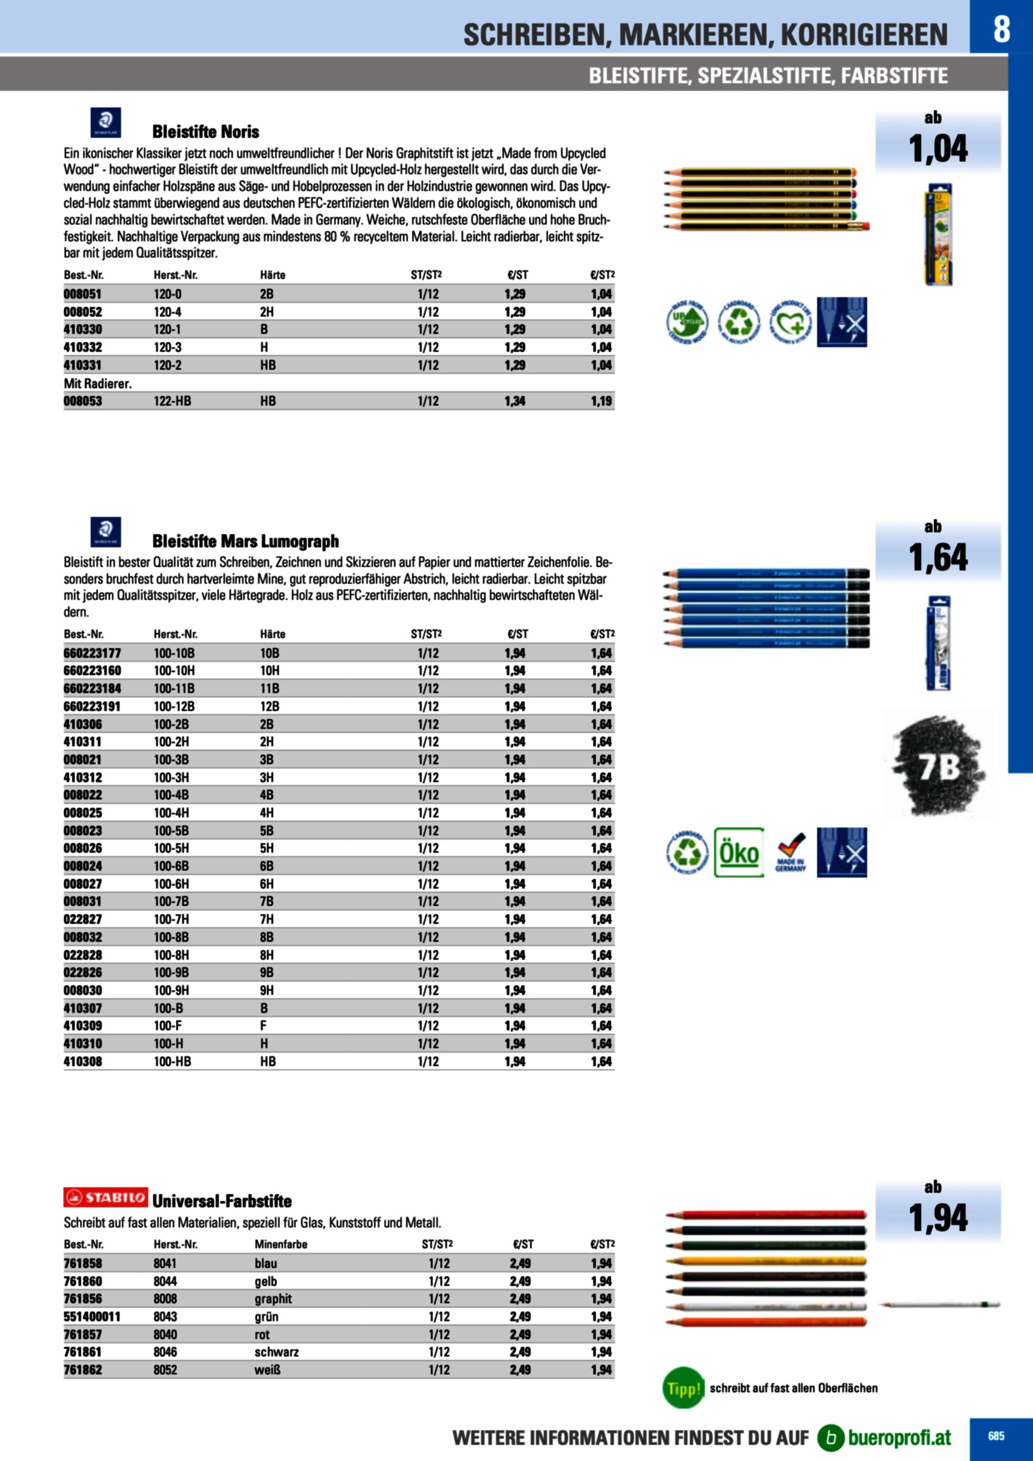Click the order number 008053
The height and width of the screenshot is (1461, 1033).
83,401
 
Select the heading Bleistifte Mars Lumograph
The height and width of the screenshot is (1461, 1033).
245,541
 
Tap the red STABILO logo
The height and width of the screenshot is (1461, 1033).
106,1198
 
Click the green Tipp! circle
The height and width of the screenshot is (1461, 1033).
684,1388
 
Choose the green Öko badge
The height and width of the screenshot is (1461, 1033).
739,853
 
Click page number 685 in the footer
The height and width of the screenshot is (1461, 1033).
996,1436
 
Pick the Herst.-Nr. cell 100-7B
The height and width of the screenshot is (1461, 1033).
171,902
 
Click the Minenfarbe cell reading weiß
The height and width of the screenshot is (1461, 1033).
267,1370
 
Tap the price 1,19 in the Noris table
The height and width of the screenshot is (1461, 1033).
601,401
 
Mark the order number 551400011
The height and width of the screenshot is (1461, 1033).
91,1316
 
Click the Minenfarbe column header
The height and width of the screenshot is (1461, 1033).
281,1245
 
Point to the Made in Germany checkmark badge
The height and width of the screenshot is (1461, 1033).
791,853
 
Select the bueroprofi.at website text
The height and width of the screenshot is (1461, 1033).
899,1437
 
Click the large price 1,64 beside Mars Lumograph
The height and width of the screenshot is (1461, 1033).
938,558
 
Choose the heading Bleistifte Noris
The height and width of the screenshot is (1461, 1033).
205,132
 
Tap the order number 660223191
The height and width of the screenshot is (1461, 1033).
91,706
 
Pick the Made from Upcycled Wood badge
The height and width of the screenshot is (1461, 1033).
687,323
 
